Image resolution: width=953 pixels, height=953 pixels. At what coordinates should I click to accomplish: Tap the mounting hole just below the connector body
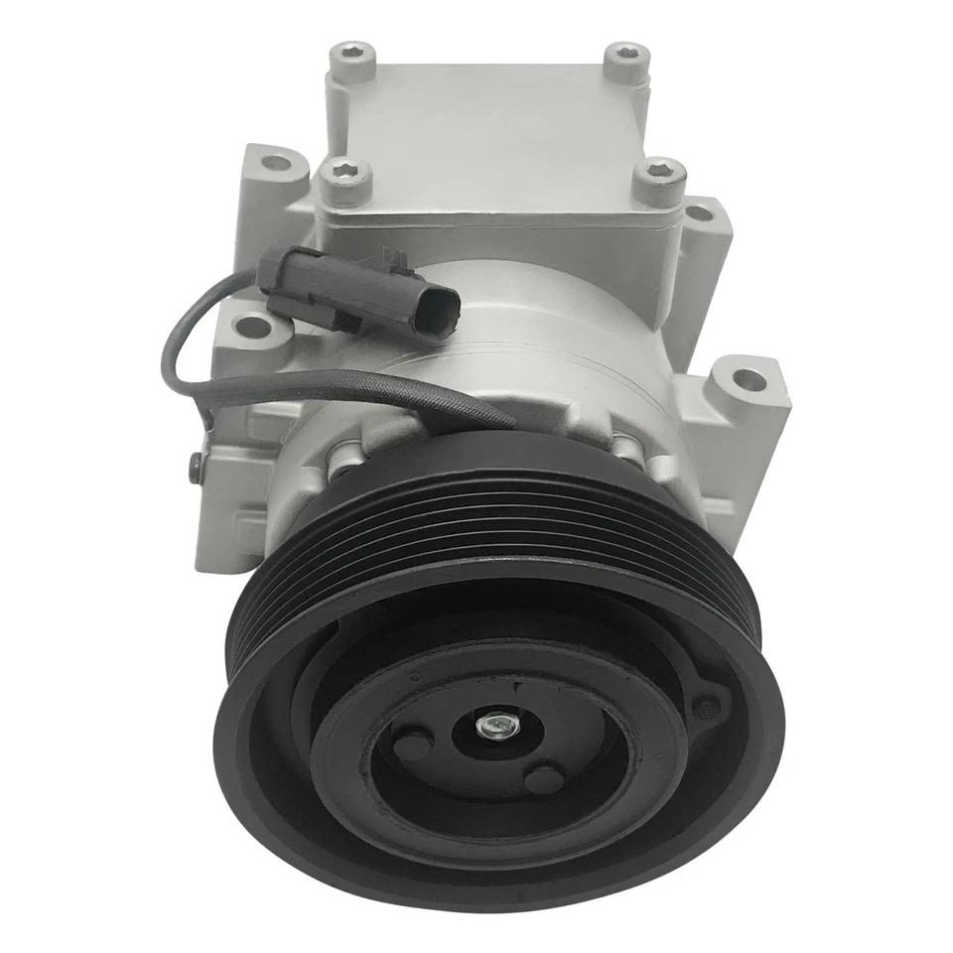point(255,324)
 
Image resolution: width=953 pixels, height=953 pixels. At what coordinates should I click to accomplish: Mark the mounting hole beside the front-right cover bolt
point(703,211)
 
